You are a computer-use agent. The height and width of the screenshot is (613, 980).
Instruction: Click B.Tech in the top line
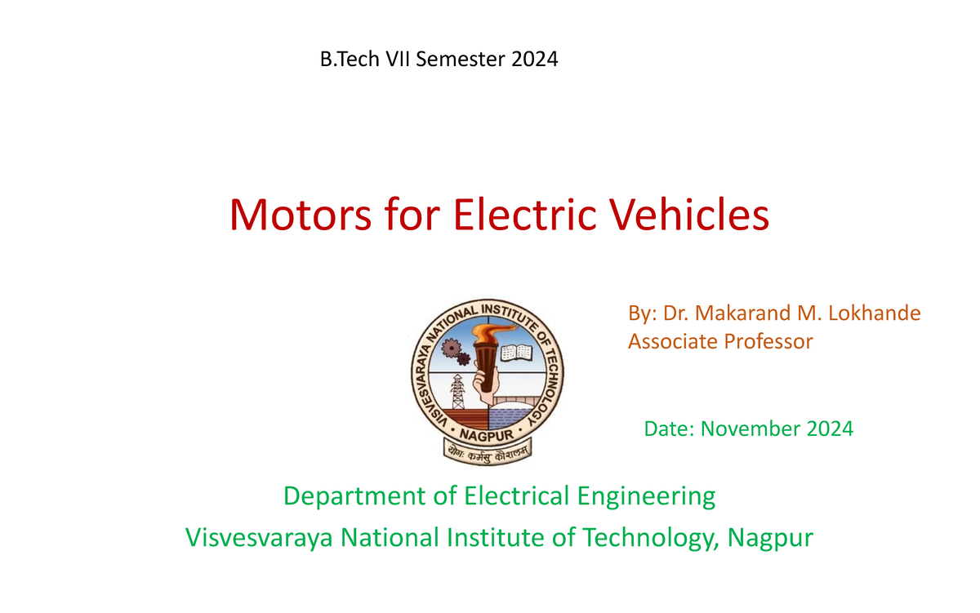[x=344, y=59]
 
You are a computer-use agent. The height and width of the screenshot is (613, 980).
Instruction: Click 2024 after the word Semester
[x=536, y=59]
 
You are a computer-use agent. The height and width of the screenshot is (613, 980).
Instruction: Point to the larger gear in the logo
[x=451, y=349]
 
